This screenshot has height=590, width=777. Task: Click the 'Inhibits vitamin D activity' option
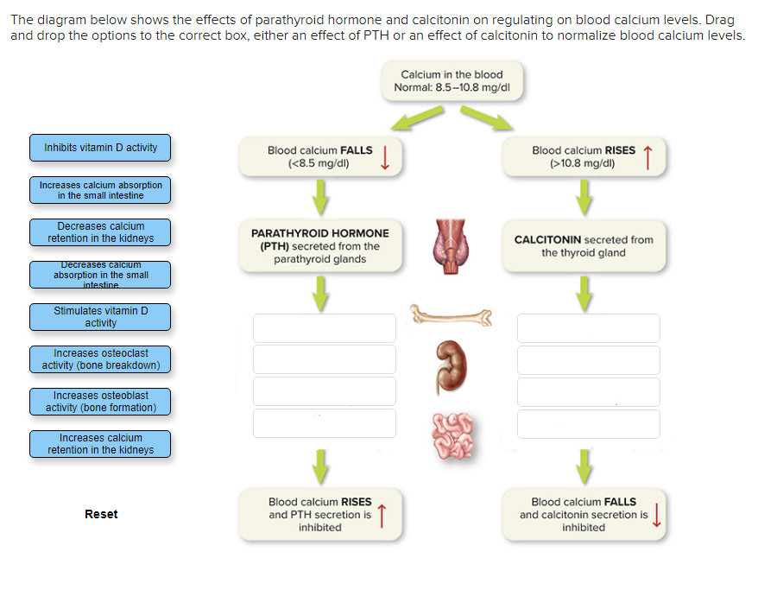click(x=100, y=148)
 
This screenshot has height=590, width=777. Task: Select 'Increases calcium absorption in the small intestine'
click(x=100, y=190)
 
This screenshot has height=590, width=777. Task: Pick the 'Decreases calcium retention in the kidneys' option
click(x=100, y=232)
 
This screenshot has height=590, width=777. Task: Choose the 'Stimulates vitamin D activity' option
click(x=100, y=317)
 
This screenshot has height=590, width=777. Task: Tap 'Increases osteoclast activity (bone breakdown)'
click(x=100, y=359)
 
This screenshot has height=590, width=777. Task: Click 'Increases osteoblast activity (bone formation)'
click(x=100, y=402)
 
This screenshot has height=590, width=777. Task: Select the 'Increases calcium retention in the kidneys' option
click(x=100, y=444)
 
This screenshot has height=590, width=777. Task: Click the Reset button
click(x=101, y=514)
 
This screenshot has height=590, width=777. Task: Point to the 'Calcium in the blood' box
click(x=452, y=81)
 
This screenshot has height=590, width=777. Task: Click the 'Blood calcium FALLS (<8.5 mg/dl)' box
click(x=320, y=156)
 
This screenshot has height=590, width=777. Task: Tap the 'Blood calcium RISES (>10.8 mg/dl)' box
click(x=584, y=156)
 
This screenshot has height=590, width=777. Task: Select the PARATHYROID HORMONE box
click(x=320, y=246)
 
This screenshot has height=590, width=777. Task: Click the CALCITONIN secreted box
click(x=584, y=246)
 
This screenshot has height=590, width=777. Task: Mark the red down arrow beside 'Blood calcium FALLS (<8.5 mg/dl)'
click(x=386, y=156)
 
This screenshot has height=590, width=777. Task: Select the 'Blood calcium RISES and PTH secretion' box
click(x=320, y=515)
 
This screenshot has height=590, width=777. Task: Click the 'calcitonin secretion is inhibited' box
click(x=584, y=515)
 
